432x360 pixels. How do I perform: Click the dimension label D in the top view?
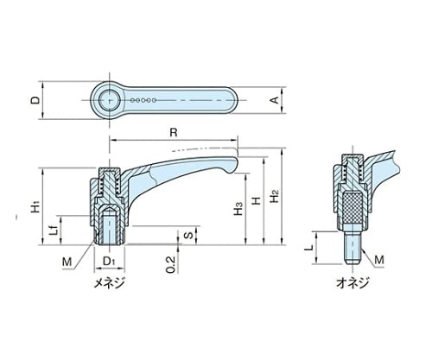click(35, 100)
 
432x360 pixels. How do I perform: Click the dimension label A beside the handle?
click(275, 100)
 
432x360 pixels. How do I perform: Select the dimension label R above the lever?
click(174, 133)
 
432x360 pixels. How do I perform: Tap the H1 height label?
click(35, 208)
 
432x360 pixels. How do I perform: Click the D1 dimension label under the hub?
click(109, 261)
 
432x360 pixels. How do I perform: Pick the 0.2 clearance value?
click(170, 264)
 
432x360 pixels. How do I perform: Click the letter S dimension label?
click(188, 235)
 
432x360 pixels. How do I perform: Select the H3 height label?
click(238, 208)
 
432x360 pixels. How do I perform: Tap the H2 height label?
click(275, 196)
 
